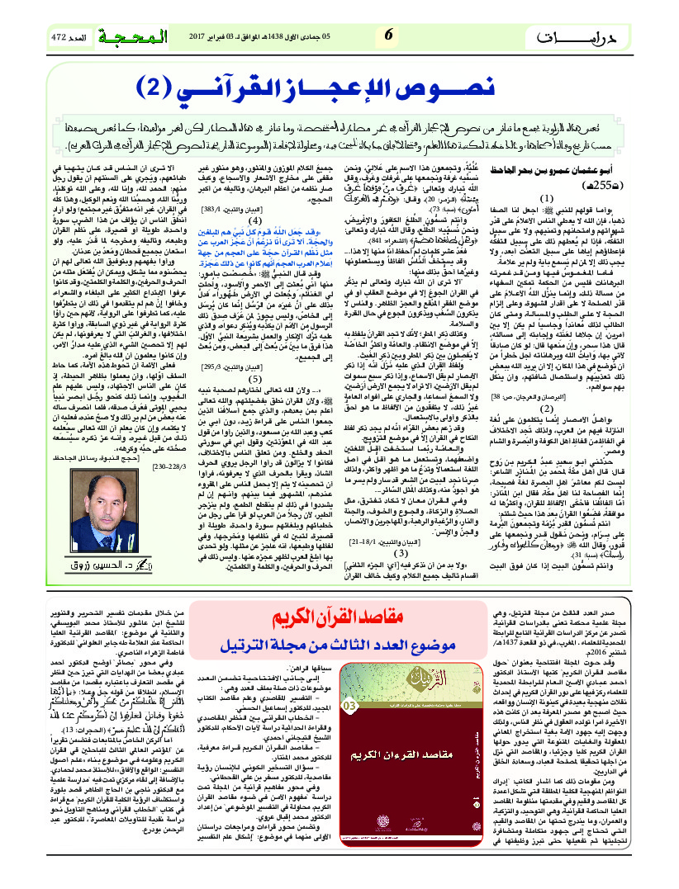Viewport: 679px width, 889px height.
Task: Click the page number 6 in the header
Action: click(388, 34)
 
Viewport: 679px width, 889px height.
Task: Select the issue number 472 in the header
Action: click(60, 37)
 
